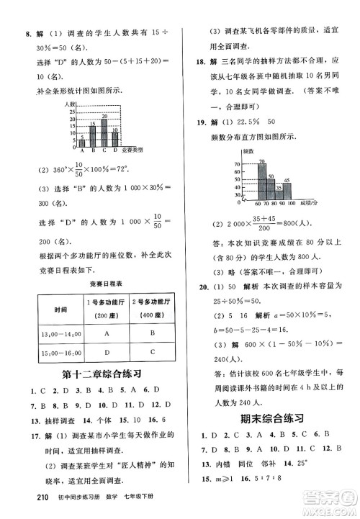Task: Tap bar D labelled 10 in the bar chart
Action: click(x=116, y=138)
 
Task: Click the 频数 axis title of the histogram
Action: click(x=247, y=153)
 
